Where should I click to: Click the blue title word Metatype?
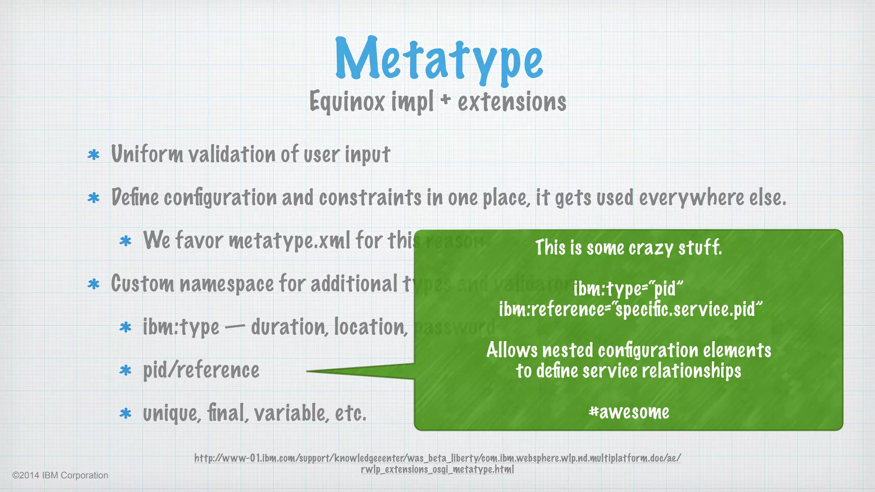click(439, 59)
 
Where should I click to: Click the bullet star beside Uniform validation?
click(94, 155)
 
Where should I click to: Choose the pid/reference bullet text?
click(201, 370)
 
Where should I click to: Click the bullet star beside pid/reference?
click(125, 370)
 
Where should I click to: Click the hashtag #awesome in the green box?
click(628, 412)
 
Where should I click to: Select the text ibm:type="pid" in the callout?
click(628, 289)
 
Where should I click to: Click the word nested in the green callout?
click(567, 350)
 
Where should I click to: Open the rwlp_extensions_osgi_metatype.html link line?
click(437, 469)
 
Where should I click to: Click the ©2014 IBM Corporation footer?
click(60, 475)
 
